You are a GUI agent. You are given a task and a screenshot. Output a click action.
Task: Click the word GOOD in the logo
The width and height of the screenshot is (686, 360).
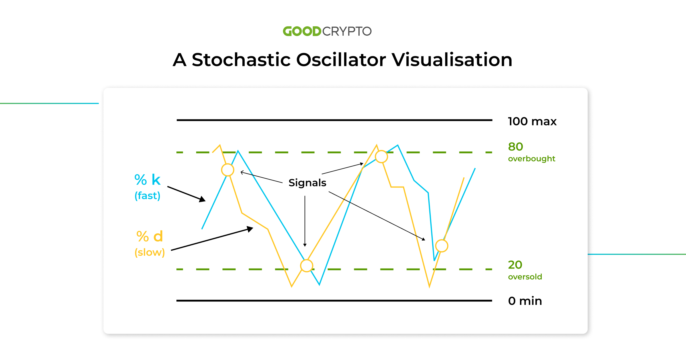tap(302, 31)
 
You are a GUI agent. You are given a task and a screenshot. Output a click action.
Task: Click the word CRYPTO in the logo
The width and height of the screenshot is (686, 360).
tap(347, 31)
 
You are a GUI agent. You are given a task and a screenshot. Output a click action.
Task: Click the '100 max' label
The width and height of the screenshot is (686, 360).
tap(532, 121)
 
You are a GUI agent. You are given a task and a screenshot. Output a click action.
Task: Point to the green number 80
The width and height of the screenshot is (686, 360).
tap(516, 147)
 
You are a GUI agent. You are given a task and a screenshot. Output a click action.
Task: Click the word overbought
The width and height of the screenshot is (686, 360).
tap(532, 159)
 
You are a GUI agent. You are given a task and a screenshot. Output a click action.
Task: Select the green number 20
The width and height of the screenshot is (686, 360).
tap(515, 265)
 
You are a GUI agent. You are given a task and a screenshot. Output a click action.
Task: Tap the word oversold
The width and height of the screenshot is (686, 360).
tap(525, 277)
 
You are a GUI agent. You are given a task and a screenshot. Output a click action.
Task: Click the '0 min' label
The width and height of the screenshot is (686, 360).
tap(525, 301)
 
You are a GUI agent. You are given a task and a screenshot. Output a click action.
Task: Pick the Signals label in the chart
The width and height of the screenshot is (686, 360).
tap(307, 183)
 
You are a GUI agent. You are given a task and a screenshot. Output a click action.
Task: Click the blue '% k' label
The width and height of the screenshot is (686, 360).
tap(147, 180)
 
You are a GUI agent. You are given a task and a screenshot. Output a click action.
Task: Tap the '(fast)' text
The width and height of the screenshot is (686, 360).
tap(147, 196)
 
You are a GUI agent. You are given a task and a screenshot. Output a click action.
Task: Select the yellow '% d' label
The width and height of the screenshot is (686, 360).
tap(150, 236)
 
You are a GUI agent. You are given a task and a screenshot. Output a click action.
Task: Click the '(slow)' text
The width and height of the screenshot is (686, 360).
tap(150, 252)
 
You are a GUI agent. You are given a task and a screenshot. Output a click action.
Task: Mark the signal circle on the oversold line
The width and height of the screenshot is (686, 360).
tap(307, 266)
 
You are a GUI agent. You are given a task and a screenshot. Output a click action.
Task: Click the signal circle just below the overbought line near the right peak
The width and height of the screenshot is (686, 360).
tap(381, 157)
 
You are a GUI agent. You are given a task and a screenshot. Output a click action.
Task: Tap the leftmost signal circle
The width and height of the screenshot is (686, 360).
tap(228, 170)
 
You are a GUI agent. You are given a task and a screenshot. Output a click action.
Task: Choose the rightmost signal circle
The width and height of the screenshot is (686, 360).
tap(442, 246)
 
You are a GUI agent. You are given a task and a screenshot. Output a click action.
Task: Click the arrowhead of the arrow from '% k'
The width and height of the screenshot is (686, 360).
tap(203, 199)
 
